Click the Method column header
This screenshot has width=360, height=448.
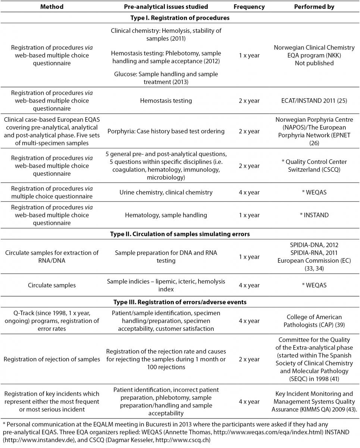51,7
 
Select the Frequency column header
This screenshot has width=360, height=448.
249,7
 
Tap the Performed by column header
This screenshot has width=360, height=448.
314,7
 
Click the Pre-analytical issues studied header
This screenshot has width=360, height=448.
166,7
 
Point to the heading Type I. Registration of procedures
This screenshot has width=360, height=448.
180,18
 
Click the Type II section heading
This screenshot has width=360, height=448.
180,234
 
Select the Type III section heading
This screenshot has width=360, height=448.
180,302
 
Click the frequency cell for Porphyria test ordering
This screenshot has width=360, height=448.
249,131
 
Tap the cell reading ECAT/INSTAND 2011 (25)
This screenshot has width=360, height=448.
314,101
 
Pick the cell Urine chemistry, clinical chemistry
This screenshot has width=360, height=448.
166,192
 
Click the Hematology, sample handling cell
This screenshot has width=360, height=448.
166,215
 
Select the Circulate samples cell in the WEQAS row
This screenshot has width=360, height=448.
51,285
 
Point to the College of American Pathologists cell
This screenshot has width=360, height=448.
314,321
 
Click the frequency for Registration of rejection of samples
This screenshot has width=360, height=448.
249,359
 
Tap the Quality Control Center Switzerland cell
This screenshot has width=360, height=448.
314,165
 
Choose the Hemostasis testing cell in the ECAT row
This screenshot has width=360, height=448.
166,101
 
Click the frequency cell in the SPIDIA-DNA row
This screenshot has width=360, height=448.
249,257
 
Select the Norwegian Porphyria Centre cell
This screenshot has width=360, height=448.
314,131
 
